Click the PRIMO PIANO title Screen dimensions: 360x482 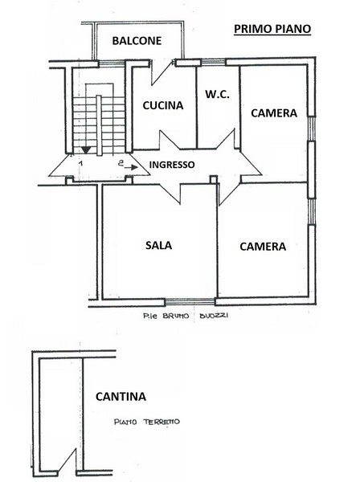(272, 29)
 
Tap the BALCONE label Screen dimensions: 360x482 (137, 41)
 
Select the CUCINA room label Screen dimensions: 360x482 (163, 105)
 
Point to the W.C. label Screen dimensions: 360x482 (217, 94)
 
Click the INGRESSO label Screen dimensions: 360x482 (172, 165)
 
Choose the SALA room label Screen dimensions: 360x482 (158, 245)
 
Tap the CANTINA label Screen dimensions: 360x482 (121, 397)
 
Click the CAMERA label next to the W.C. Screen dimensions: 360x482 (274, 113)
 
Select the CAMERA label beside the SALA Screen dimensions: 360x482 (263, 247)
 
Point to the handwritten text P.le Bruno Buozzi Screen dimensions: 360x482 (186, 316)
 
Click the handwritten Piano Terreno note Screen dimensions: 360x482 (147, 422)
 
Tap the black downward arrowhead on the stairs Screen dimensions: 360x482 (86, 150)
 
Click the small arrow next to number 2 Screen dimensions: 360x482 (133, 168)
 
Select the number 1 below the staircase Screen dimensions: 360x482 (80, 163)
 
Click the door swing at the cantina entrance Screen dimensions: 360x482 (67, 460)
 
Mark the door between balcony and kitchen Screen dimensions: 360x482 (162, 73)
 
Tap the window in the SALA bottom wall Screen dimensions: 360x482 (190, 302)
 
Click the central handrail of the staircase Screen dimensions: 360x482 (99, 125)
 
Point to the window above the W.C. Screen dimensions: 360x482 (214, 63)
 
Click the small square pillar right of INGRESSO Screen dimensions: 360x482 (214, 179)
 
